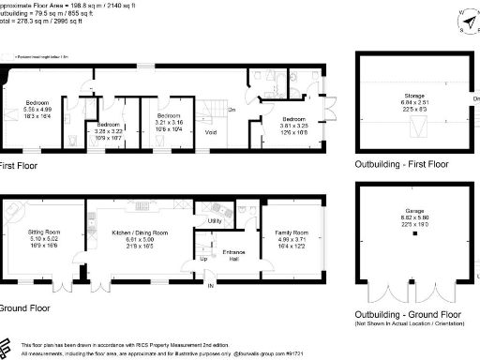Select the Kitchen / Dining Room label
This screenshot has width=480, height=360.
click(141, 232)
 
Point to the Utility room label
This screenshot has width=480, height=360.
click(214, 221)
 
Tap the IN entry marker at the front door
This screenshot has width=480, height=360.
click(211, 284)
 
